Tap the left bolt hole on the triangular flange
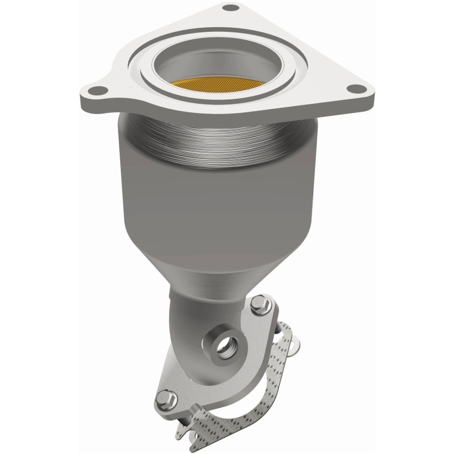(97, 90)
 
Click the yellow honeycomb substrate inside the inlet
(216, 86)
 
